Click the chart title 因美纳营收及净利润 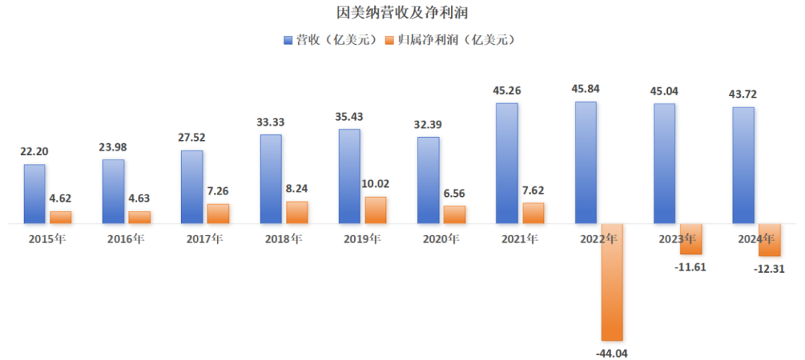[402, 13]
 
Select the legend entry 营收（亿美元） [335, 40]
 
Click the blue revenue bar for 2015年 [34, 193]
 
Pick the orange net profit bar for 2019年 [376, 210]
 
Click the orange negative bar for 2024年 [770, 240]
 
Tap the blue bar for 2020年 [428, 180]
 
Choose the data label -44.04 [612, 353]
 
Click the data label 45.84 [586, 90]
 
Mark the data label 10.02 [376, 184]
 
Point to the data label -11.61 [691, 266]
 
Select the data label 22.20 [34, 152]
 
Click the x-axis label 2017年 [203, 239]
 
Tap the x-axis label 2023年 [677, 239]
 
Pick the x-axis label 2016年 [125, 239]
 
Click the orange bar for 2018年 [297, 212]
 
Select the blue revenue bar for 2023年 [664, 163]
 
